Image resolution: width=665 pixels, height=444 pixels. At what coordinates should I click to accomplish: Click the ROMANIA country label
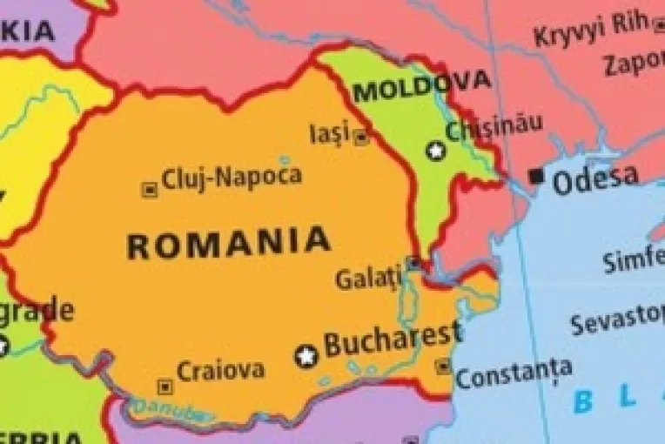229,243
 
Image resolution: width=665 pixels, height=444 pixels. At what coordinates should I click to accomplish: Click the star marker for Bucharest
306,355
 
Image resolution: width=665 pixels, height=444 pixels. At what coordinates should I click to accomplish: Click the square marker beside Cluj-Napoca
149,189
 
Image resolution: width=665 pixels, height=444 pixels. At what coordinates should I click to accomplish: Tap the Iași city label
330,133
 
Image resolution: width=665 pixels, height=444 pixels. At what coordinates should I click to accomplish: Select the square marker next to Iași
361,137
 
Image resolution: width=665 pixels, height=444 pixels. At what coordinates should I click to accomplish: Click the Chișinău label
494,129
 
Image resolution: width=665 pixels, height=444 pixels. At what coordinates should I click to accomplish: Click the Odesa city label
595,178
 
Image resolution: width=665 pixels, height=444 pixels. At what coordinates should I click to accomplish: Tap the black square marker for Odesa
537,177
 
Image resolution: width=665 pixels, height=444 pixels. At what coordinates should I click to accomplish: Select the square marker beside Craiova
165,386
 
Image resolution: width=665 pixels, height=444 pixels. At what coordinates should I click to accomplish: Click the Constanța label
514,375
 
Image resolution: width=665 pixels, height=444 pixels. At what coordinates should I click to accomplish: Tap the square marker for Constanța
443,367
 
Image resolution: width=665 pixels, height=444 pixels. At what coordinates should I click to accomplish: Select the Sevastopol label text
617,321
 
